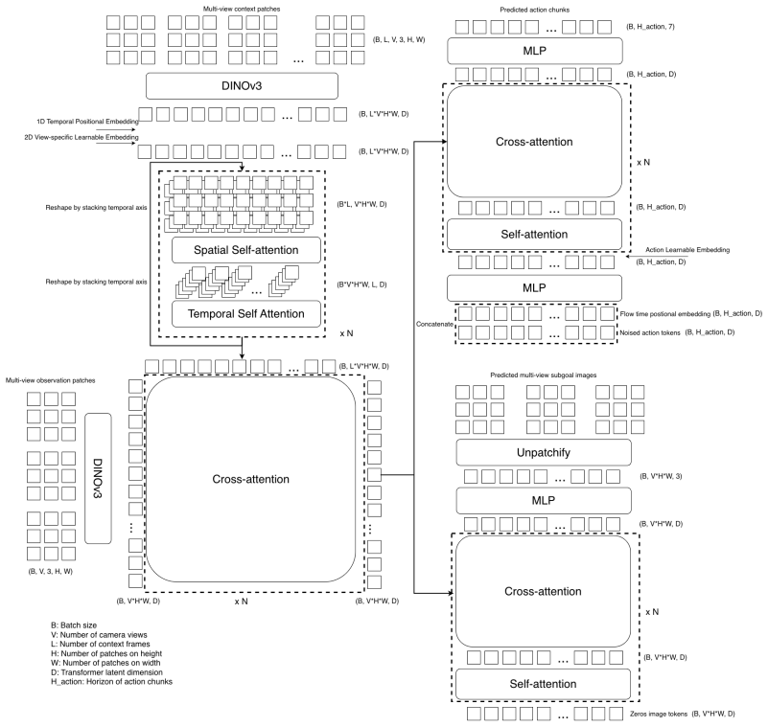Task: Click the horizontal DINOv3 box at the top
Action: (x=242, y=86)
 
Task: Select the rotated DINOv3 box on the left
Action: (x=98, y=479)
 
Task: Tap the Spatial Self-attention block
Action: (x=245, y=250)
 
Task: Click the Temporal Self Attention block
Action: (x=245, y=313)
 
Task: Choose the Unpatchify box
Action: (x=544, y=452)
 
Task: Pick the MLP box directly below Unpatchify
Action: (x=544, y=501)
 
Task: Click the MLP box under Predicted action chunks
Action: (x=535, y=51)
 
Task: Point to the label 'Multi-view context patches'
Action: (x=242, y=9)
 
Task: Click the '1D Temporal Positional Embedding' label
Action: (x=87, y=122)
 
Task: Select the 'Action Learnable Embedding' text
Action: (x=687, y=249)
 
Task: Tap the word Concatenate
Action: (x=434, y=324)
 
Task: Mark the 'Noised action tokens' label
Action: (x=650, y=332)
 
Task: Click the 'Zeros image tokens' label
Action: (x=659, y=714)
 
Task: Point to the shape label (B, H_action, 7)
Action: (x=650, y=27)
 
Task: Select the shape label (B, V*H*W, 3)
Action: (x=661, y=476)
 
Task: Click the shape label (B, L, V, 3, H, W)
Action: (x=399, y=39)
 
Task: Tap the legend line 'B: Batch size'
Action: (x=74, y=625)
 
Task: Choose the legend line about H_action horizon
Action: (x=111, y=681)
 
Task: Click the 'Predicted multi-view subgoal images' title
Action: (x=544, y=375)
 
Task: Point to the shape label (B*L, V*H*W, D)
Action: (x=361, y=204)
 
